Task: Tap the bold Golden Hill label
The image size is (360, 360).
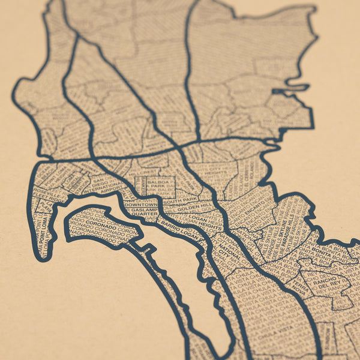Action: [x=196, y=208]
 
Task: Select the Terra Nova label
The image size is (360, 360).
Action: [x=302, y=289]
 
